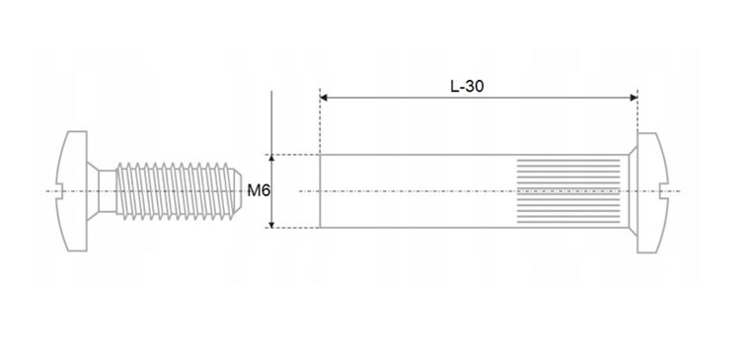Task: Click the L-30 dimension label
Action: (467, 87)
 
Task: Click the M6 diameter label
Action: (259, 191)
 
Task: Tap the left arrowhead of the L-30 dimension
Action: (324, 98)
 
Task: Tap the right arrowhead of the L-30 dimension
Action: (634, 98)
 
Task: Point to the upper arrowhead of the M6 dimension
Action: (271, 159)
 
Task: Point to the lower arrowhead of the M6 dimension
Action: (271, 224)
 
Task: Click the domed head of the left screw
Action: (72, 191)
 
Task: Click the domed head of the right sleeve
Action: (652, 192)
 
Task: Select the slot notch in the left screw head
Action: (59, 191)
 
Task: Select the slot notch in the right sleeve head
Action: (664, 191)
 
